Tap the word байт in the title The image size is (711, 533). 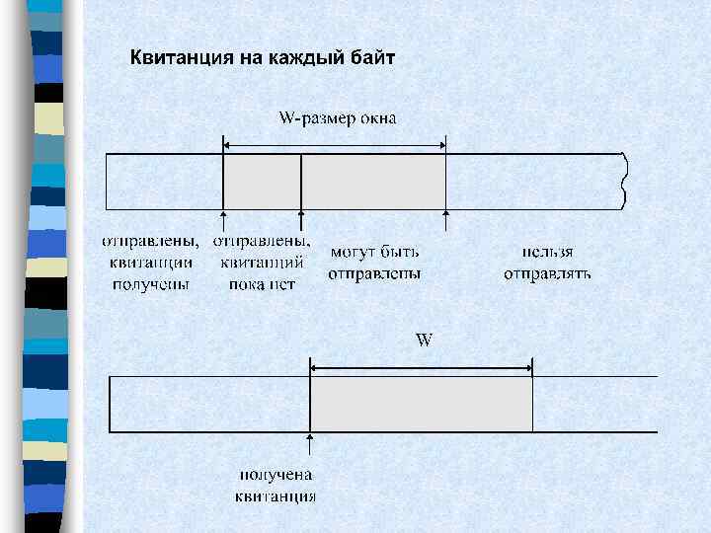[372, 57]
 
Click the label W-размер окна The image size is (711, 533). [338, 119]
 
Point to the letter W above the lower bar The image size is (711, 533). [424, 340]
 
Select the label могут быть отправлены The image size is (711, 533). [374, 263]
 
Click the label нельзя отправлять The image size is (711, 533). [547, 263]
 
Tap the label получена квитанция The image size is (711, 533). [276, 486]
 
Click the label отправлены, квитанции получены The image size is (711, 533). [152, 263]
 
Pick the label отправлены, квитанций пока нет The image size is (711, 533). [262, 262]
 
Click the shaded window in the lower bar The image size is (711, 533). [422, 404]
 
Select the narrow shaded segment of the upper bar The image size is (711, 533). [262, 182]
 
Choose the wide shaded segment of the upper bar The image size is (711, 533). [373, 182]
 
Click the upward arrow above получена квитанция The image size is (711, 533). [311, 444]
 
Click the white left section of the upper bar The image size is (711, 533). [165, 182]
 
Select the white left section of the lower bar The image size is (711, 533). [209, 404]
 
